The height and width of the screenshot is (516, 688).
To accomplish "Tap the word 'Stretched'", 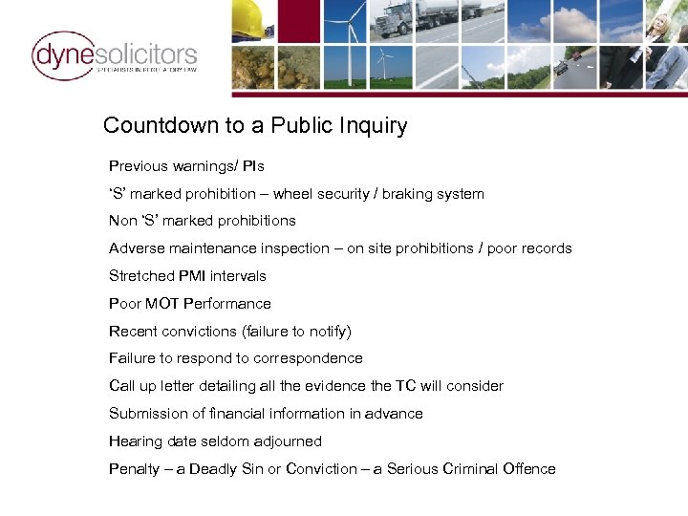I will tap(141, 276).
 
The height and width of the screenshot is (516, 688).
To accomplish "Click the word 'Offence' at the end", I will tap(528, 469).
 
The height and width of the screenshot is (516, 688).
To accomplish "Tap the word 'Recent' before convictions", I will tap(133, 332).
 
